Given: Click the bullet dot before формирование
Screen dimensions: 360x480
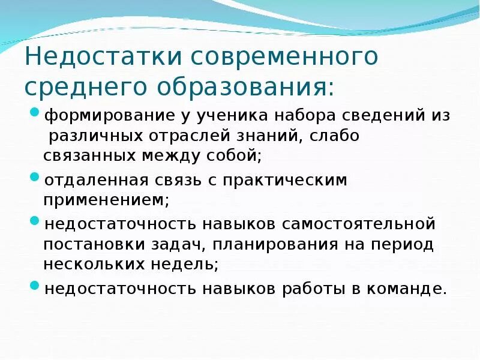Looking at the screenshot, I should [35, 113].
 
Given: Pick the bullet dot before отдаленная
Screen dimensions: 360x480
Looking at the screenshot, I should [35, 178].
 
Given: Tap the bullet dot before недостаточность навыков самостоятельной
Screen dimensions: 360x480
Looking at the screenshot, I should [35, 223].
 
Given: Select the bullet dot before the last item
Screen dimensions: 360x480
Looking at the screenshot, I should [35, 287].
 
